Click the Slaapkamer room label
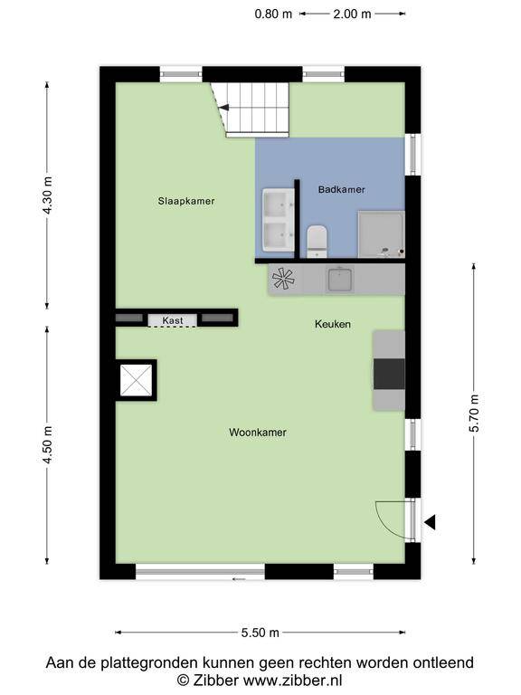(186, 201)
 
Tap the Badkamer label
(341, 189)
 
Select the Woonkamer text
(258, 433)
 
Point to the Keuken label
(333, 324)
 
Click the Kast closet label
(173, 320)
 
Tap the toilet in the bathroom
(317, 241)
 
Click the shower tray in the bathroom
(381, 234)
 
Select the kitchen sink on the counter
(340, 280)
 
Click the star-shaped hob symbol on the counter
(283, 279)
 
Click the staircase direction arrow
(223, 108)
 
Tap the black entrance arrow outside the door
(430, 522)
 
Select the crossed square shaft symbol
(136, 380)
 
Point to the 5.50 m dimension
(260, 633)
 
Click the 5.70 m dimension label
(474, 413)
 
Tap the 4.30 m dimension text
(47, 195)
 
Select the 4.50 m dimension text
(47, 444)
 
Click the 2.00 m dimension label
(352, 14)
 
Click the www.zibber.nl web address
(293, 680)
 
